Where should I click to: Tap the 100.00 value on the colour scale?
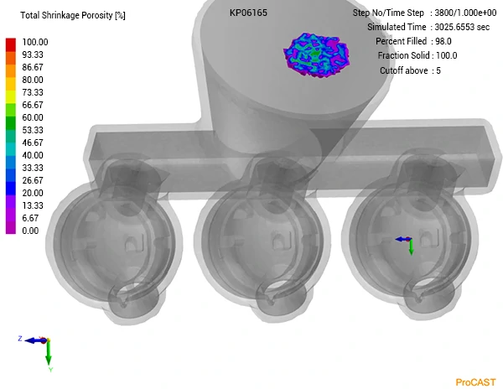[x=35, y=42]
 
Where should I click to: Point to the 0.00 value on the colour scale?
[x=30, y=231]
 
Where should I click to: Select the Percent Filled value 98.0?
[x=446, y=41]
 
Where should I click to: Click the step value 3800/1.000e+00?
[x=464, y=13]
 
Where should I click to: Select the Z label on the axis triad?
[x=19, y=338]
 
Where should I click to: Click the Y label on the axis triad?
[x=50, y=369]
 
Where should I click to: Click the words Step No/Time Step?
[x=390, y=13]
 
